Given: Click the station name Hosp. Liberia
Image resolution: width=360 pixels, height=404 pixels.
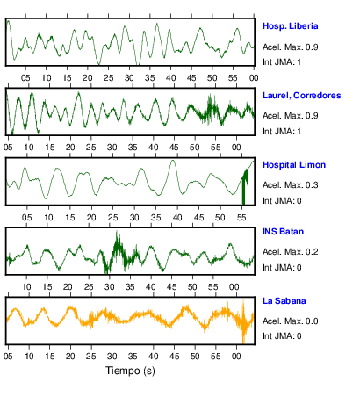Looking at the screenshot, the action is (x=290, y=26).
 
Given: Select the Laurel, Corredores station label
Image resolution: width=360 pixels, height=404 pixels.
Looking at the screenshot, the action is (x=301, y=96).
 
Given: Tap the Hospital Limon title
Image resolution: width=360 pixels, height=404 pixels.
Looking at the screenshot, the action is (x=294, y=165).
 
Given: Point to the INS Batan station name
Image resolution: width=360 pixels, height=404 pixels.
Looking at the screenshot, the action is (x=283, y=232).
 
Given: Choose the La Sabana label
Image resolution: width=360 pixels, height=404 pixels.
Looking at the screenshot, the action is (x=284, y=301).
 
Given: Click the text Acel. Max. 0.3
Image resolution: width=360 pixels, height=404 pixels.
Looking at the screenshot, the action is (x=290, y=185).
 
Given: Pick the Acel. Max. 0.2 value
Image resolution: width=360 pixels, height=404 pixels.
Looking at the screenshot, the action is (x=290, y=252).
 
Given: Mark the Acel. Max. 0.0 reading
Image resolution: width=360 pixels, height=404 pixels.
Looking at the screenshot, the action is (x=290, y=321).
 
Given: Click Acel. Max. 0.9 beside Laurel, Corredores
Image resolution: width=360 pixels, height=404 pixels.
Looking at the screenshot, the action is (x=290, y=116).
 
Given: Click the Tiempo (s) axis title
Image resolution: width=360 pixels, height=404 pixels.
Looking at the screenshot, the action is (x=130, y=371).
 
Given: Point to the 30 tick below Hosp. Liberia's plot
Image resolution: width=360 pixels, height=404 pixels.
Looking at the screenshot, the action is (x=129, y=78).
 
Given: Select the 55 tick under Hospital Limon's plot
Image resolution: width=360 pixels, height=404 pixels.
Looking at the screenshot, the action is (x=241, y=218).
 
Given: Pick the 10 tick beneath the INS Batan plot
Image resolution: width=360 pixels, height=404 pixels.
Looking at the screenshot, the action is (x=26, y=287).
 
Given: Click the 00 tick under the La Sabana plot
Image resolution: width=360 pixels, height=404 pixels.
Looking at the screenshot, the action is (x=236, y=357).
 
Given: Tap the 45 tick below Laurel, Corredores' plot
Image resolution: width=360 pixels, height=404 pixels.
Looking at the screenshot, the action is (x=174, y=148).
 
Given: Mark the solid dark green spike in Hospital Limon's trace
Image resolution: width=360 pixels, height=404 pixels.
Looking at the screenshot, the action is (x=245, y=187).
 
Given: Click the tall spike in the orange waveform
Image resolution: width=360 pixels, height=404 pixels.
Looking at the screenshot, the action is (x=243, y=321).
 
